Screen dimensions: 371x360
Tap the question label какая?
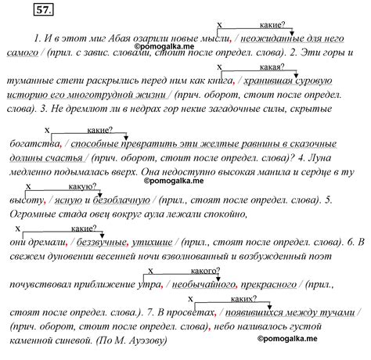coord(272,67)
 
